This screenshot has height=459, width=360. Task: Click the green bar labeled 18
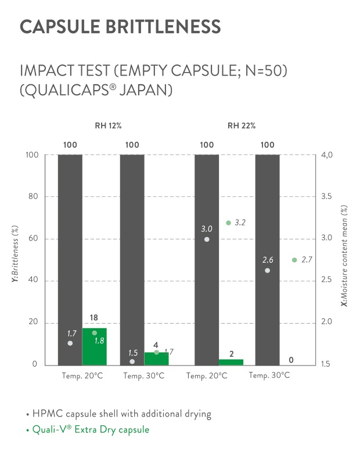(x=95, y=347)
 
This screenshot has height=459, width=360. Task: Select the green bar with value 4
(x=156, y=358)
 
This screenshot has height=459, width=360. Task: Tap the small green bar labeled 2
(x=231, y=362)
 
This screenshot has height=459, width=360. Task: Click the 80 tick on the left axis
(x=33, y=197)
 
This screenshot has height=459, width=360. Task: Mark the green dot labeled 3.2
(x=228, y=223)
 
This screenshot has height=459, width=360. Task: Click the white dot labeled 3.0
(x=207, y=239)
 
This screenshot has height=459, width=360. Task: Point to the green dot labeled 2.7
(x=294, y=260)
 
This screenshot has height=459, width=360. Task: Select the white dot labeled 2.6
(x=267, y=270)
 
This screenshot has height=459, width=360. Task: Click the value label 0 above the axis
(x=291, y=360)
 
